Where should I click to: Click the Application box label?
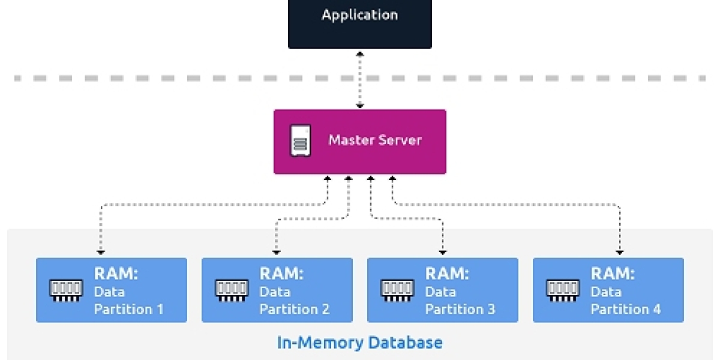pos(359,15)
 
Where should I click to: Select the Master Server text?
pos(375,140)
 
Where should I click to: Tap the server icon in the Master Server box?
pos(300,141)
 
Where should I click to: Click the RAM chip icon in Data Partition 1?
pos(65,290)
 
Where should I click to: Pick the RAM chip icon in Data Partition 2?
pos(231,290)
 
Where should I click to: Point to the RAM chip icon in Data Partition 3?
pos(397,290)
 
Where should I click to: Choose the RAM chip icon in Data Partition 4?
pos(562,290)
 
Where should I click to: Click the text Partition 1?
pos(129,310)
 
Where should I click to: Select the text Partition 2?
pos(295,310)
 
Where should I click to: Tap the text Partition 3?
pos(460,310)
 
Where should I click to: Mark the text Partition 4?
pos(626,310)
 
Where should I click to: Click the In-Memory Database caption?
pos(359,343)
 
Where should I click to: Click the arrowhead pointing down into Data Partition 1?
pos(101,251)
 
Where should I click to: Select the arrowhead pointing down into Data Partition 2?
pos(277,251)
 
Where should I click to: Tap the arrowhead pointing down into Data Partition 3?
pos(442,251)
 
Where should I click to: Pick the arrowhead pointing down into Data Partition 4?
pos(619,251)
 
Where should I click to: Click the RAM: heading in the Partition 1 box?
pos(116,274)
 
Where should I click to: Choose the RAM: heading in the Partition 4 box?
pos(613,274)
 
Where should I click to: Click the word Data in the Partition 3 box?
pos(440,292)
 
